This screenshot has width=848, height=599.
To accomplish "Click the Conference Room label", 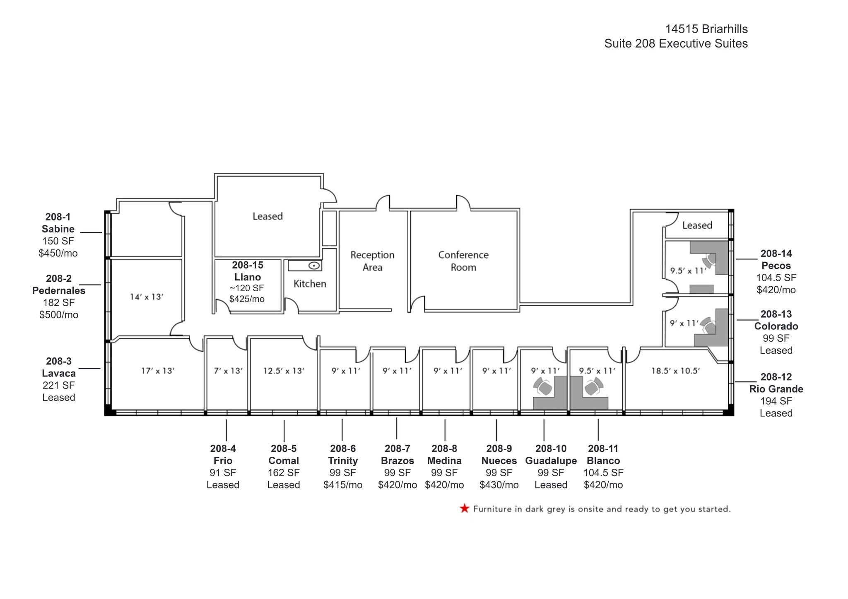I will pyautogui.click(x=463, y=261).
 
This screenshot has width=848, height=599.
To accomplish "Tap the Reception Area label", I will pyautogui.click(x=372, y=261).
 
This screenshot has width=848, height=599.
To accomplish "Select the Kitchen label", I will pyautogui.click(x=310, y=284).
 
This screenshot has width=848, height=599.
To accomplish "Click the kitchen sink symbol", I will pyautogui.click(x=314, y=266).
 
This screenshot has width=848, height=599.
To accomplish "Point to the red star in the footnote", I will pyautogui.click(x=464, y=508).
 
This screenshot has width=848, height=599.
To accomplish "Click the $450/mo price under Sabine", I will pyautogui.click(x=58, y=253).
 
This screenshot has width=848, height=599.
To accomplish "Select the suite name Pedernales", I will pyautogui.click(x=59, y=290).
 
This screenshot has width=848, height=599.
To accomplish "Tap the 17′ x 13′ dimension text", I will pyautogui.click(x=157, y=371).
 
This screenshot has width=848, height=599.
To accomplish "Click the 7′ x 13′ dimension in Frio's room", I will pyautogui.click(x=228, y=371).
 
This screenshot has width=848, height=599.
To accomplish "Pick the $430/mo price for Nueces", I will pyautogui.click(x=499, y=485).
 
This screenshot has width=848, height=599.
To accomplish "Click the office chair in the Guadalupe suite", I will pyautogui.click(x=543, y=388).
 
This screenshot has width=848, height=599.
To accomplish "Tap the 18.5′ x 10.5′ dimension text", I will pyautogui.click(x=675, y=371).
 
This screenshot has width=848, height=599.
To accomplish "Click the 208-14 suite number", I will pyautogui.click(x=776, y=253).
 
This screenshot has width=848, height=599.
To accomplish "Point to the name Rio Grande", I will pyautogui.click(x=776, y=389).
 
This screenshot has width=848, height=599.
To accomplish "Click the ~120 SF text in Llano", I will pyautogui.click(x=247, y=288).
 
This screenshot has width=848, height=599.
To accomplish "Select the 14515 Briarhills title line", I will pyautogui.click(x=706, y=29).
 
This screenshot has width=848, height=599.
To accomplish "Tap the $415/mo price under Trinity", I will pyautogui.click(x=343, y=485).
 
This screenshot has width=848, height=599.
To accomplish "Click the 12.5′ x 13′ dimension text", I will pyautogui.click(x=284, y=371).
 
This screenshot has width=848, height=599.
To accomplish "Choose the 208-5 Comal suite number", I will pyautogui.click(x=284, y=448).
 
